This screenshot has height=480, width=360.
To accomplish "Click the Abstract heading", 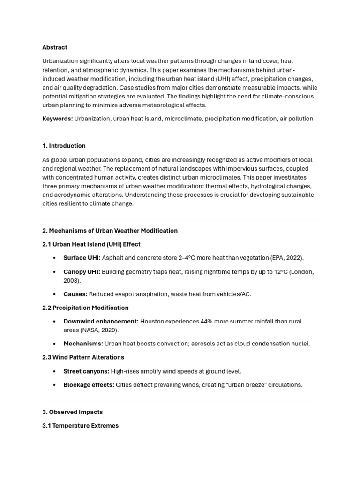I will click(55, 47).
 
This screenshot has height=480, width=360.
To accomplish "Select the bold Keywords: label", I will click(58, 119).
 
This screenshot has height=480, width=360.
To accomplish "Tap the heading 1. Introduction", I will click(64, 146).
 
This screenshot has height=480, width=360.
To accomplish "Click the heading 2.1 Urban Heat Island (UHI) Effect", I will click(91, 244).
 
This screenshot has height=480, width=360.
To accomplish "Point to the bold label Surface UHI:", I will click(82, 258).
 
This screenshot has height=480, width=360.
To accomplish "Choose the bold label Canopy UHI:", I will click(82, 272).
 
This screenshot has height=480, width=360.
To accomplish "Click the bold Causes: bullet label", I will click(75, 294).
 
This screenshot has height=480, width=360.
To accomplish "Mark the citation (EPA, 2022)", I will click(286, 258).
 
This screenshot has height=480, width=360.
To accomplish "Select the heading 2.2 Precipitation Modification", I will click(85, 308).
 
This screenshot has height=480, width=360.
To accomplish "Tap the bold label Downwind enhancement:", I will click(101, 322).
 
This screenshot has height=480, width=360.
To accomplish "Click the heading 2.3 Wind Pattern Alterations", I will click(83, 357).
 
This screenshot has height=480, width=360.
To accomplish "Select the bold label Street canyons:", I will click(86, 371).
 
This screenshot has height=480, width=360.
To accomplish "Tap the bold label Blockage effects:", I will click(89, 385).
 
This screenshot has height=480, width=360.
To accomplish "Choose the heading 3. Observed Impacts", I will click(73, 412).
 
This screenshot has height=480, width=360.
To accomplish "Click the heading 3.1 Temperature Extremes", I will click(80, 426).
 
